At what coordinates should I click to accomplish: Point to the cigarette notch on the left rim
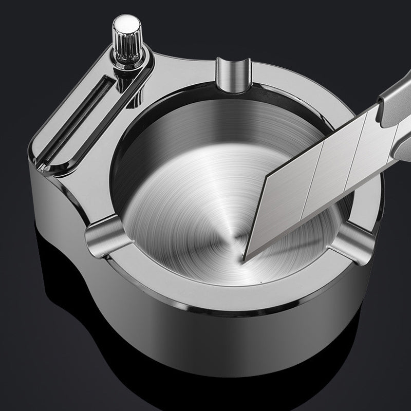(102, 233)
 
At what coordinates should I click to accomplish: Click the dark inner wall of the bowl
(154, 128)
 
